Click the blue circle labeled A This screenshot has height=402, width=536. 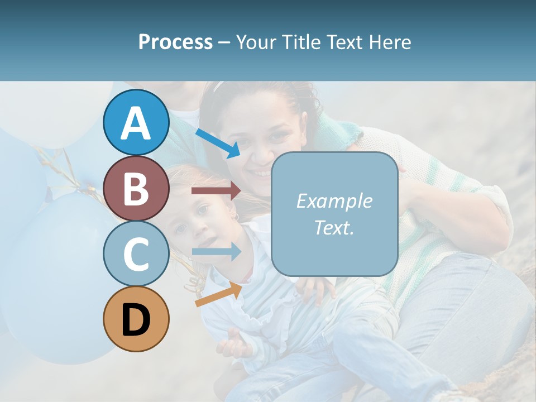pos(136,123)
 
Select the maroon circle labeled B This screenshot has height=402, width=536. pos(136,188)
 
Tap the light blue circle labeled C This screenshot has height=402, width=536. pos(136,253)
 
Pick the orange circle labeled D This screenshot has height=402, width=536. pos(136,319)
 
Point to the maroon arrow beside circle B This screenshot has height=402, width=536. pos(216,191)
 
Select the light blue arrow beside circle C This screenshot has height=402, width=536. pos(217,252)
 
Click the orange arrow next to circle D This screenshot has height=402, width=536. pos(218,294)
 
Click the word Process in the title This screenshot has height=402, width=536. pos(175,42)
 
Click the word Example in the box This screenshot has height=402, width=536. pos(334,201)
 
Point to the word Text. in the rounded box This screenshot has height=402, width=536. pos(334,228)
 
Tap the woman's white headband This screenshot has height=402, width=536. pos(218,86)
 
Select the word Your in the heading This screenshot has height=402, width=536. pos(255,42)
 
